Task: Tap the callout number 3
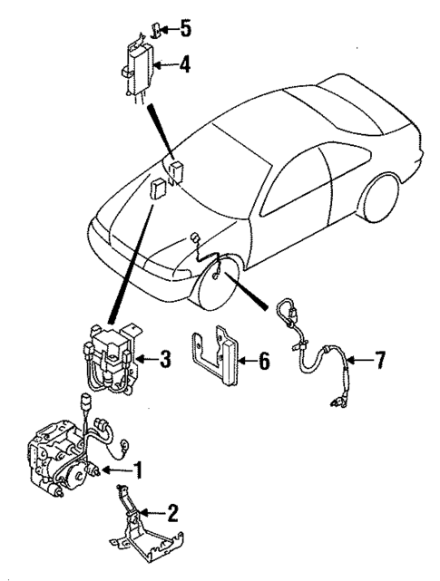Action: tap(164, 360)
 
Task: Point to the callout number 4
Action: tap(185, 64)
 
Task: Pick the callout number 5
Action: tap(185, 28)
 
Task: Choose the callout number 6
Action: tap(263, 361)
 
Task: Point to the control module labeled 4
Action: tap(136, 65)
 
